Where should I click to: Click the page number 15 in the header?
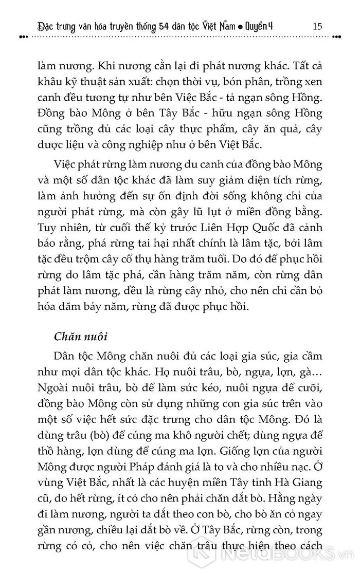pos(317,26)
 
